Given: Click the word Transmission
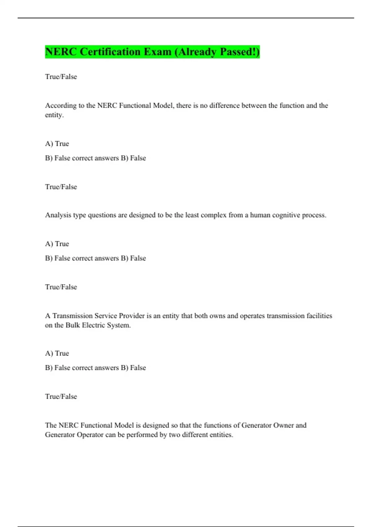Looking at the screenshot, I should [73, 316].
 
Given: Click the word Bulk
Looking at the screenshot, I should [73, 325].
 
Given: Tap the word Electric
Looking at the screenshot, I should [93, 325].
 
